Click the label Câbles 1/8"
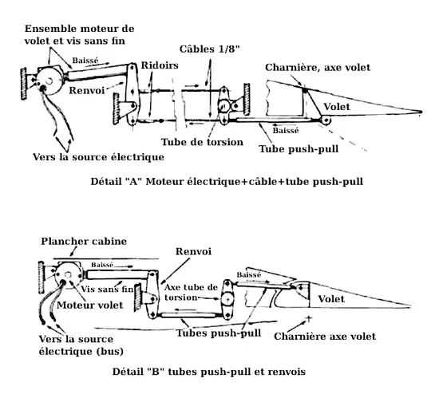coord(210,49)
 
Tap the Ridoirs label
coord(160,65)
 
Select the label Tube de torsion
coord(202,142)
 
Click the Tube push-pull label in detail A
coord(299,149)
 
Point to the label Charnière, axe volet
coord(318,68)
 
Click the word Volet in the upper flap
coord(337,107)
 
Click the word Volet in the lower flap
coord(331,299)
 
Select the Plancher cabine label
coord(84,241)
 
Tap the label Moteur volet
coord(90,305)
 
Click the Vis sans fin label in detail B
coord(107,289)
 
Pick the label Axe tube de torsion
coord(191,292)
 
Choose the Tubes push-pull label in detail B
coord(219,333)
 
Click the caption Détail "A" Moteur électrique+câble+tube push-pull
coord(227,182)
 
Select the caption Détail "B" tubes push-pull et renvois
coord(209,372)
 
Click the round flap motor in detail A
coord(49,81)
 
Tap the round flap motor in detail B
coord(68,275)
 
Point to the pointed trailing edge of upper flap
coord(421,112)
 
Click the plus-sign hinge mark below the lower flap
coord(309,318)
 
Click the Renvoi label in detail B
coord(193,251)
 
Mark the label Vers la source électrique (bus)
coord(81,345)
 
